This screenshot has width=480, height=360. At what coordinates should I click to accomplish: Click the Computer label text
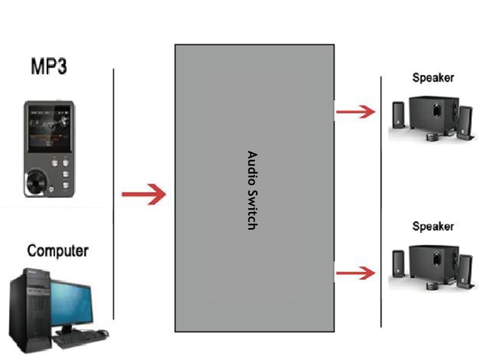[58, 250]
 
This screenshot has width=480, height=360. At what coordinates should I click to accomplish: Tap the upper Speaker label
[433, 78]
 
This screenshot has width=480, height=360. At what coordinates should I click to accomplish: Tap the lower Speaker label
[433, 226]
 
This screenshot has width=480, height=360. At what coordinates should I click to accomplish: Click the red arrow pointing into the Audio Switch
[143, 193]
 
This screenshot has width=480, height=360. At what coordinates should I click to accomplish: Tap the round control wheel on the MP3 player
[36, 184]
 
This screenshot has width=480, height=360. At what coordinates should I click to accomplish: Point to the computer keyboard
[77, 338]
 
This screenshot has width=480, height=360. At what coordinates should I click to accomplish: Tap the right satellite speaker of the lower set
[465, 269]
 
